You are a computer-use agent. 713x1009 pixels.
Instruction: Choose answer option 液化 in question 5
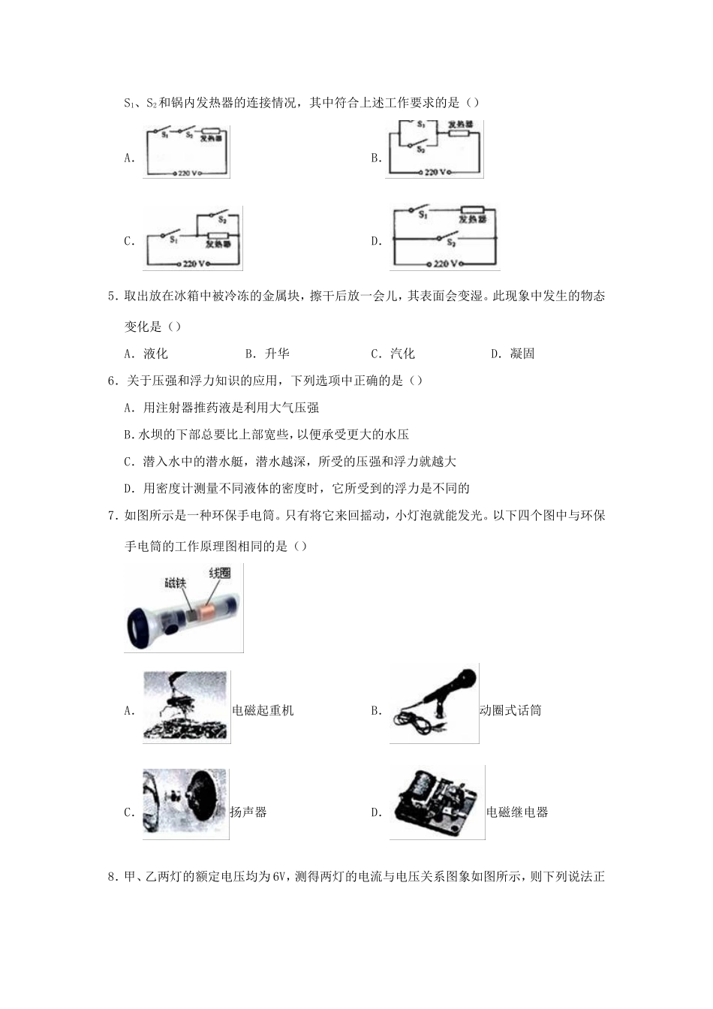pos(155,354)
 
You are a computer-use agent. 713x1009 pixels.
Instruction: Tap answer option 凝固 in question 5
pos(522,354)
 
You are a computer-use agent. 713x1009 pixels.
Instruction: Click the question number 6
pos(112,381)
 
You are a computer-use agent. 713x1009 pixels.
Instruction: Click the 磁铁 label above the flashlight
pos(175,583)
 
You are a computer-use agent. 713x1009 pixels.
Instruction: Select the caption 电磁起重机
pos(263,710)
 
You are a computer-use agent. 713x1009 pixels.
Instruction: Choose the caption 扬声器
pos(248,812)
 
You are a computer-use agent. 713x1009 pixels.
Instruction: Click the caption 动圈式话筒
pos(510,710)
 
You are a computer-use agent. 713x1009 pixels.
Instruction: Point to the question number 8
pos(112,876)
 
